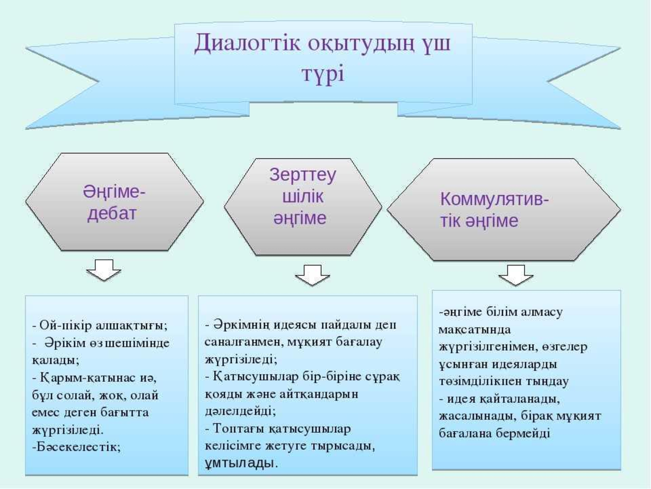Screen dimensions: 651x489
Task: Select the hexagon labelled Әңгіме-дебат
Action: pos(115,202)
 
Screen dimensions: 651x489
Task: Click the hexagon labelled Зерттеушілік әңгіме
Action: pos(303,207)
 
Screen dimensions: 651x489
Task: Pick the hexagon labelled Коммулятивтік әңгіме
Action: pos(504,209)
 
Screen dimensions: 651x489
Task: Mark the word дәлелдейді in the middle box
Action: pos(240,411)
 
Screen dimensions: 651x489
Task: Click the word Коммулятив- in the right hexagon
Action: pos(494,199)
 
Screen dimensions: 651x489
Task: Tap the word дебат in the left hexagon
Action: pos(112,214)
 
